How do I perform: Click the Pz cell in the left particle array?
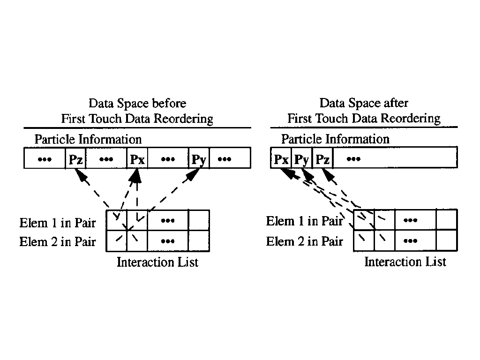(x=75, y=159)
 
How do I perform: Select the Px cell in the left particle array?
(x=137, y=159)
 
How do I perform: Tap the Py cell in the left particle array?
(x=199, y=159)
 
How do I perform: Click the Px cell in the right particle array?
(x=281, y=159)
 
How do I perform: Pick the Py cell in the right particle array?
(x=302, y=159)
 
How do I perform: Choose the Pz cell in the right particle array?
(x=322, y=159)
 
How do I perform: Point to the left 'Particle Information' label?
(x=88, y=139)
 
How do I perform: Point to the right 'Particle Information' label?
(x=335, y=139)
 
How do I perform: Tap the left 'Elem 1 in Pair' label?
(x=57, y=223)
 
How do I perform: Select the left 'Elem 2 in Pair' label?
(x=57, y=242)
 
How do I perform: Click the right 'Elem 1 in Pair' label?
(x=304, y=221)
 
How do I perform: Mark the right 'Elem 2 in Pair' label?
(x=304, y=241)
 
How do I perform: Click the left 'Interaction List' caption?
(x=157, y=262)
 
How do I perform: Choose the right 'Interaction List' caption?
(x=405, y=262)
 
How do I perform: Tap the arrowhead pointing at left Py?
(x=193, y=175)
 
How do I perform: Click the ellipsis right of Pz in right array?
(x=353, y=159)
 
